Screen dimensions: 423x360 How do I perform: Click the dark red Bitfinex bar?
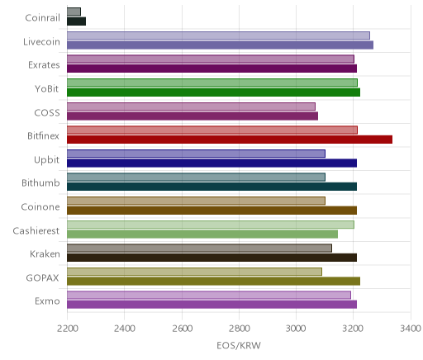[x=230, y=140]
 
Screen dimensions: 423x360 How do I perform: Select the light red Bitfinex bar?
[x=212, y=130]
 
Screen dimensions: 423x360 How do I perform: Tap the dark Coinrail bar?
[x=76, y=21]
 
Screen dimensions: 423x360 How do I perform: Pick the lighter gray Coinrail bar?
[x=74, y=12]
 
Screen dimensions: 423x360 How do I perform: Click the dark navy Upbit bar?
[x=211, y=163]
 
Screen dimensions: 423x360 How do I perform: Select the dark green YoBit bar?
[x=213, y=92]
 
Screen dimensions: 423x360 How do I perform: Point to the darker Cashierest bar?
[x=202, y=234]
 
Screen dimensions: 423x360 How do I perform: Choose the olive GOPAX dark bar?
[x=213, y=282]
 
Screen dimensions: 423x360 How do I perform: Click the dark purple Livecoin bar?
[x=220, y=45]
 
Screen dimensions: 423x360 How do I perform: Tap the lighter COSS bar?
[x=191, y=107]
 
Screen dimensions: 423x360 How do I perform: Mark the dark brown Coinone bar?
[x=211, y=211]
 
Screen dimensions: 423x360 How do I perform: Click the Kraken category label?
[x=45, y=253]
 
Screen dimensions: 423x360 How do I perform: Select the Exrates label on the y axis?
[x=44, y=65]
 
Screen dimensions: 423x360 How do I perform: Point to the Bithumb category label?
[x=40, y=182]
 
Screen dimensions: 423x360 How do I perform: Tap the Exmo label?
[x=47, y=301]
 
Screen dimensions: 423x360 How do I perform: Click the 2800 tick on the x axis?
[x=239, y=329]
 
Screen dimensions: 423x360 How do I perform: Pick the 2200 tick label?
[x=67, y=329]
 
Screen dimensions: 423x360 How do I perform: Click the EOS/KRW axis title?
[x=239, y=346]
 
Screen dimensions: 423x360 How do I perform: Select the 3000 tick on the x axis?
[x=296, y=329]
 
